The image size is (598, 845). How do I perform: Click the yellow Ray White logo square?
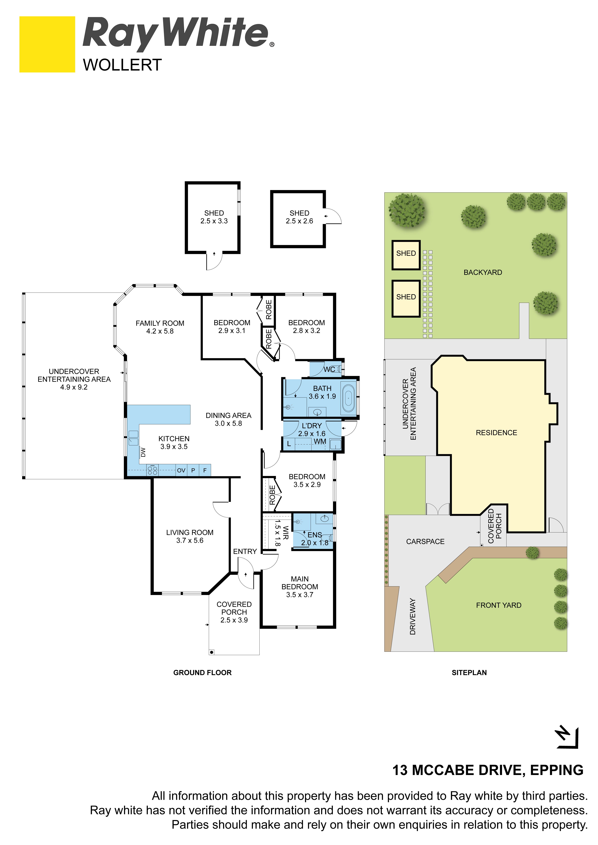click(47, 44)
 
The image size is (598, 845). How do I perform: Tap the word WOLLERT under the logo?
click(122, 65)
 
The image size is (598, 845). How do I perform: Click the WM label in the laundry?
click(320, 441)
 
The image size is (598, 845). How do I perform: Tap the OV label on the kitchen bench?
click(181, 470)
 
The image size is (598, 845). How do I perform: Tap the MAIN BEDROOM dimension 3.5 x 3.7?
click(300, 595)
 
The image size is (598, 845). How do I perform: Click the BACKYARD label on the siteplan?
click(483, 272)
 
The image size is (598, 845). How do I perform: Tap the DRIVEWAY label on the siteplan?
click(412, 616)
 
